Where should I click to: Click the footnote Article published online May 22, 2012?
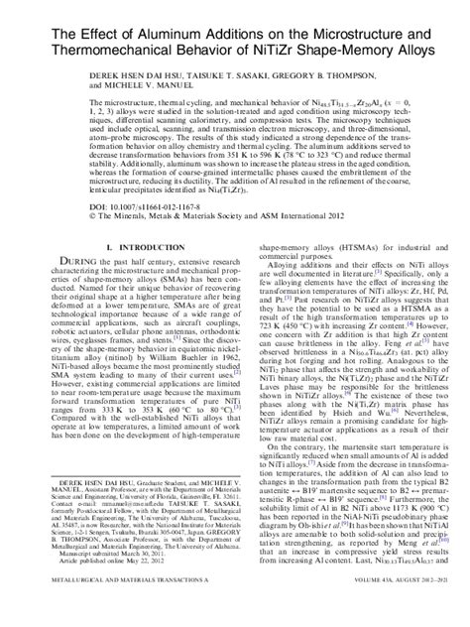tap(94, 587)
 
